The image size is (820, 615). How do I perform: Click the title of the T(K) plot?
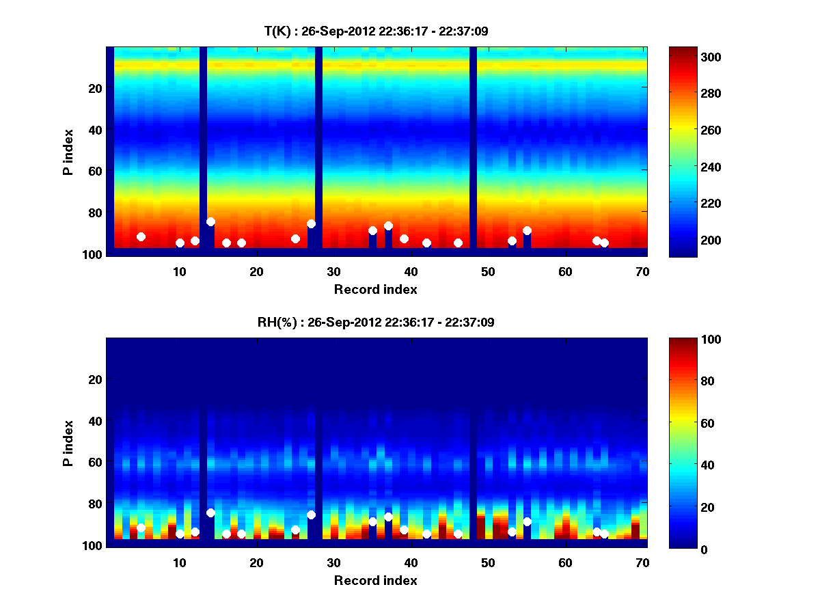click(376, 31)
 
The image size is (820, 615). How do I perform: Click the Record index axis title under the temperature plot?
click(376, 289)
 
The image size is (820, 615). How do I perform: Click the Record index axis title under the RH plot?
click(376, 580)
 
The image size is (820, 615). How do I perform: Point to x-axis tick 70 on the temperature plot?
click(643, 271)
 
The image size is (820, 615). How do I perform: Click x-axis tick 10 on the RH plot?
click(180, 562)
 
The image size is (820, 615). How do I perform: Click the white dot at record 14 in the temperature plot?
click(210, 221)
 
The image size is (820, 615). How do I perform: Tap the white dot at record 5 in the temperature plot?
click(141, 236)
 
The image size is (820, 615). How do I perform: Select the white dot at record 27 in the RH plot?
click(311, 515)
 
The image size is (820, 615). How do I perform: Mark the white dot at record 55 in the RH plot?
click(527, 521)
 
